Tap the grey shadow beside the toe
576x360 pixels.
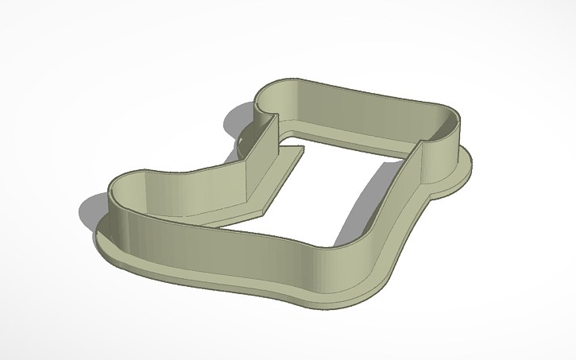90,212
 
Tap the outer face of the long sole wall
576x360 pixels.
238,246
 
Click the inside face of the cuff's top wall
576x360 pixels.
365,111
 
